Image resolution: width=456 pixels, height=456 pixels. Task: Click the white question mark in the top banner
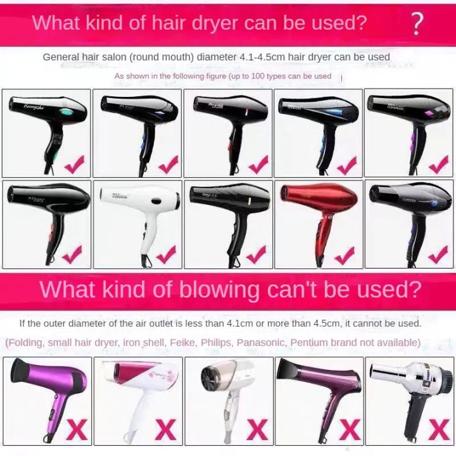click(x=416, y=23)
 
